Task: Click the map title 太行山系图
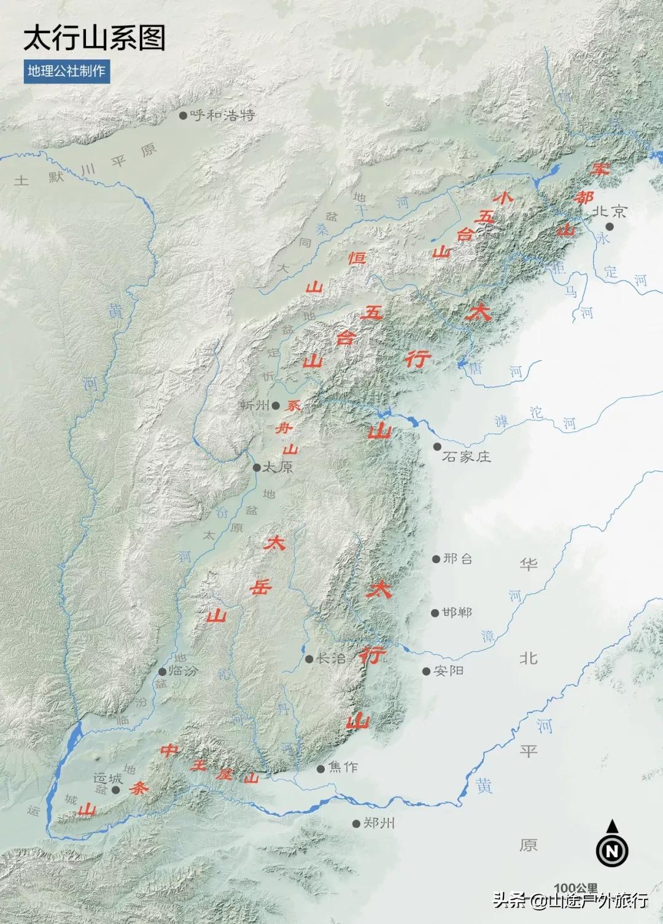tap(95, 38)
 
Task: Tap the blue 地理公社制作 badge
tap(67, 71)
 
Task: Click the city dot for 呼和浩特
tap(183, 115)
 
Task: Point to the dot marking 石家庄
tap(437, 447)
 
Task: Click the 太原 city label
tap(278, 467)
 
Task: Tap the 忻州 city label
tap(254, 405)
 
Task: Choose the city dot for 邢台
tap(436, 559)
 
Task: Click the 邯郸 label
tap(457, 613)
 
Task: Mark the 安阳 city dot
tap(426, 671)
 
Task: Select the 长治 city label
tap(331, 659)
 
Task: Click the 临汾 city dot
tap(162, 672)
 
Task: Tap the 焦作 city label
tap(343, 767)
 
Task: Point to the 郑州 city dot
tap(356, 823)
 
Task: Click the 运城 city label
tap(107, 779)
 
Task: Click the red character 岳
tap(260, 587)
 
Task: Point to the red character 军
tap(599, 168)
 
